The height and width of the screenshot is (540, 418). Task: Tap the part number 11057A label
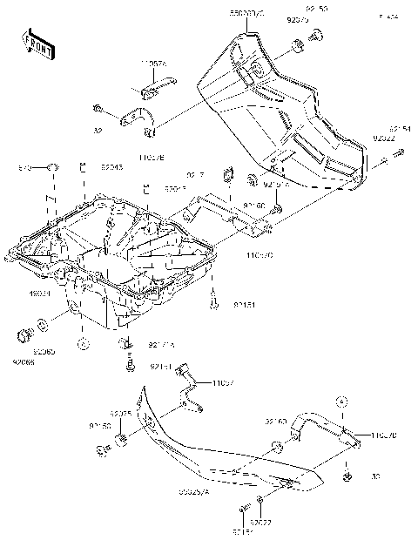click(154, 64)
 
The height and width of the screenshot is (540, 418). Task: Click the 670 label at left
click(24, 166)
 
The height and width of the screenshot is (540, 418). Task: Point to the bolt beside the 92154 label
click(398, 154)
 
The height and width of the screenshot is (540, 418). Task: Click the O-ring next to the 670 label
click(53, 165)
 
